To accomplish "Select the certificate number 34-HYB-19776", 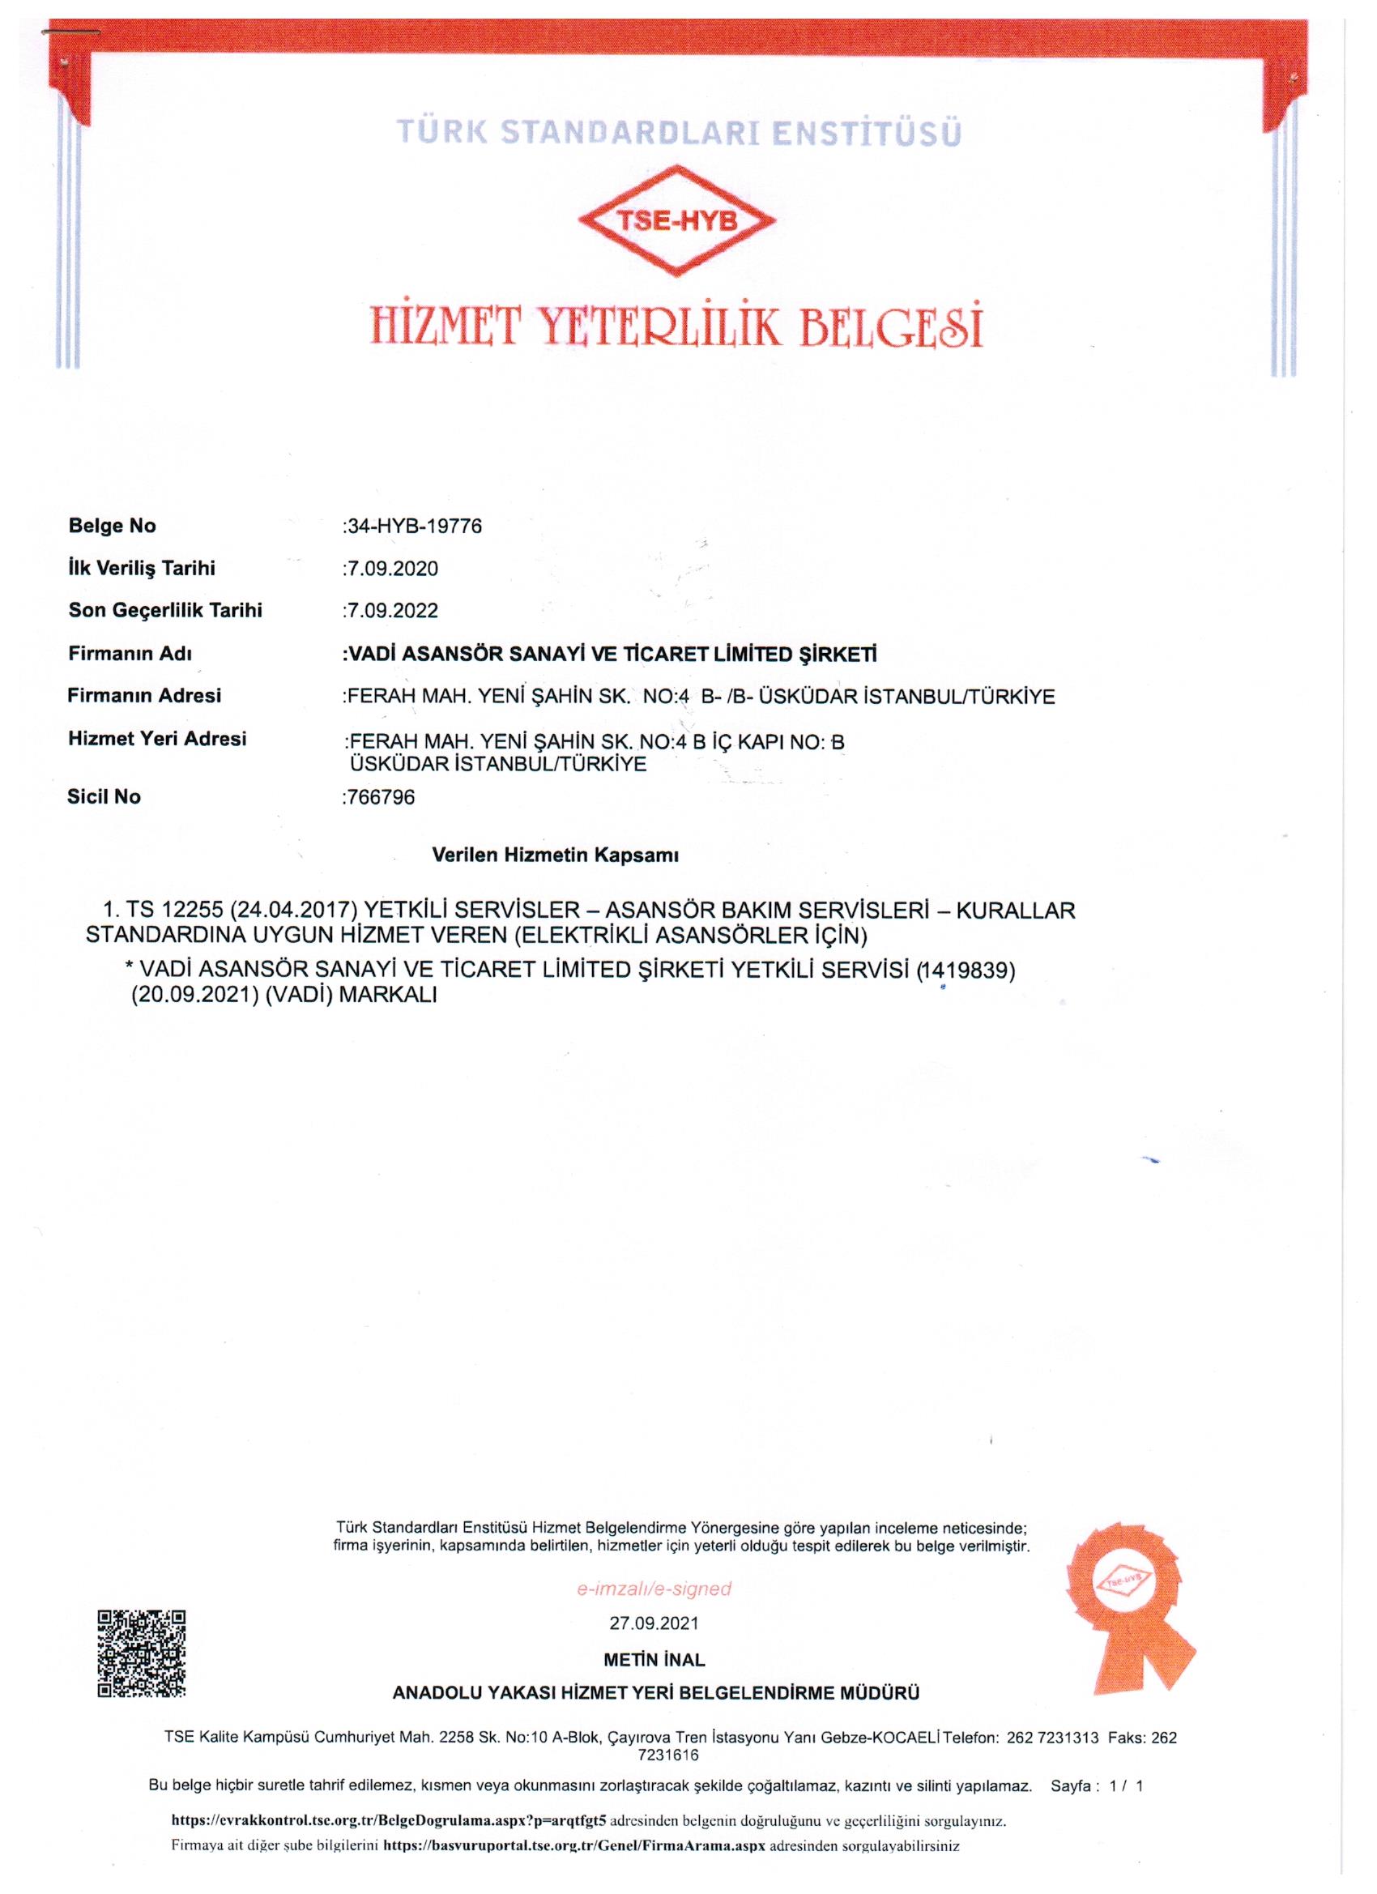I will tap(413, 527).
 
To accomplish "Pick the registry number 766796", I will tap(380, 797).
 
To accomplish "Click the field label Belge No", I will tap(112, 526).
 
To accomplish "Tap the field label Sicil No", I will tap(104, 796).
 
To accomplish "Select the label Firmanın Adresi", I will tap(144, 695).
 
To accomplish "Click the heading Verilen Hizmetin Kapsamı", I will tap(556, 855).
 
